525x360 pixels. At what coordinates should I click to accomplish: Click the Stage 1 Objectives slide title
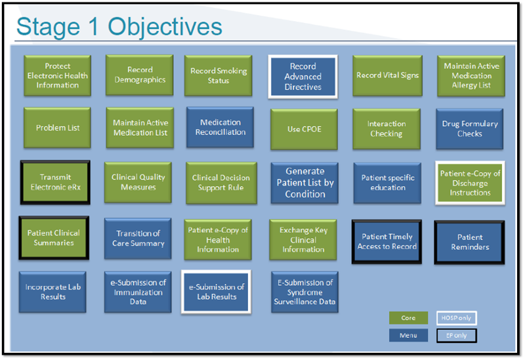click(119, 26)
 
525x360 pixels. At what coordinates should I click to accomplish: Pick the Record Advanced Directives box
click(303, 77)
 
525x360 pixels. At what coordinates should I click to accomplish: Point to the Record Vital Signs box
click(387, 75)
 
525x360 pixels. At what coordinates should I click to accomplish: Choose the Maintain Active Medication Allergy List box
click(471, 75)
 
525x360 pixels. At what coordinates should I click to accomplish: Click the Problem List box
click(58, 128)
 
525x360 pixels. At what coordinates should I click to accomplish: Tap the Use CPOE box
click(303, 129)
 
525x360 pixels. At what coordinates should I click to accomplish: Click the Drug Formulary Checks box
click(470, 129)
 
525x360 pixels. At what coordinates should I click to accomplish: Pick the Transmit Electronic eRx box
click(55, 182)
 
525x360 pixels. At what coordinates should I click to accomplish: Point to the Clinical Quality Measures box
click(138, 182)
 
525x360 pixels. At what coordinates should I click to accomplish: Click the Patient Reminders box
click(469, 242)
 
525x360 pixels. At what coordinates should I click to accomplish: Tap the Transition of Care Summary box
click(138, 238)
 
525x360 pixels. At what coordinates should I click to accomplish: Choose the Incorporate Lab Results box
click(53, 292)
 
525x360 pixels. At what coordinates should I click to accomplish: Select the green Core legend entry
click(408, 318)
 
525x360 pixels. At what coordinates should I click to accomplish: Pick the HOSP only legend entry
click(457, 318)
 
